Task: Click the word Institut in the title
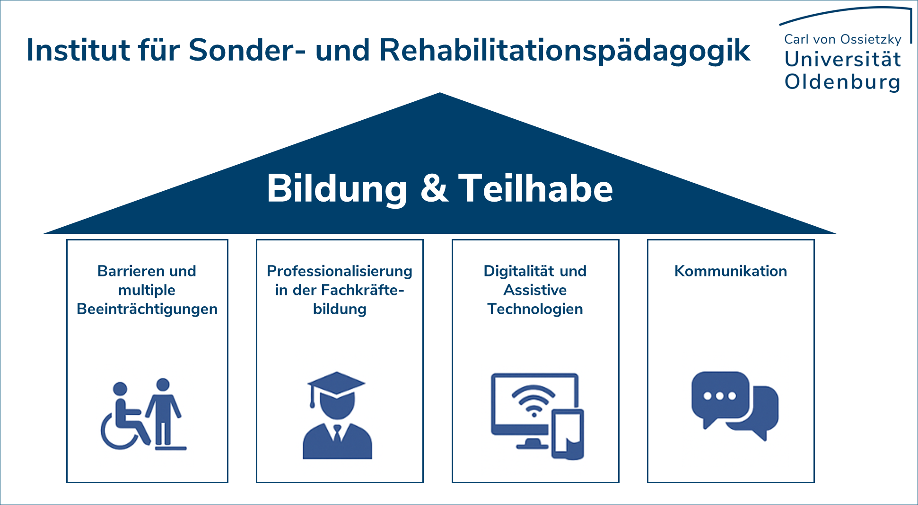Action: tap(78, 50)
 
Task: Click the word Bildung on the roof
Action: tap(337, 189)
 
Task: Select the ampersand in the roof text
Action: tap(434, 188)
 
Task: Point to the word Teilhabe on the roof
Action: tap(535, 188)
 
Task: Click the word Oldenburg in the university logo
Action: tap(842, 82)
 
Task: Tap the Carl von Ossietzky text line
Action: tap(843, 39)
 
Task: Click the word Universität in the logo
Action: tap(843, 59)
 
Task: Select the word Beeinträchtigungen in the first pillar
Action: tap(147, 310)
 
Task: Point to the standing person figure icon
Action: tap(164, 413)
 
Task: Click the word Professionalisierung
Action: tap(340, 271)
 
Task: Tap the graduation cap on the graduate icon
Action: tap(336, 386)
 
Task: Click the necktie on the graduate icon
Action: tap(337, 433)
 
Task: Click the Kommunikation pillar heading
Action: tap(731, 271)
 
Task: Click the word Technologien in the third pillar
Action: tap(535, 310)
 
